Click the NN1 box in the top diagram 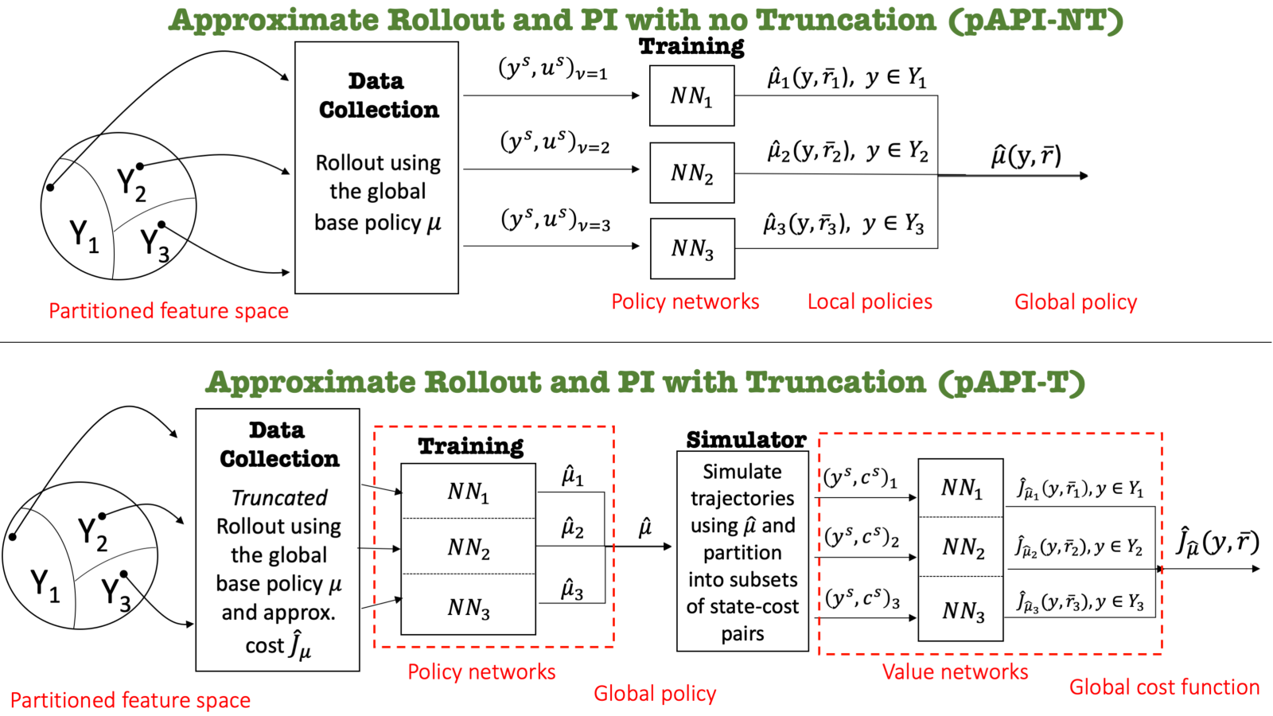coord(691,95)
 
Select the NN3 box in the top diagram coord(692,248)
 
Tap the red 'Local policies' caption coord(870,302)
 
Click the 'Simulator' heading coord(746,439)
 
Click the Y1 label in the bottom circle coord(45,586)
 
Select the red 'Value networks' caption coord(955,671)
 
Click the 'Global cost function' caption coord(1164,687)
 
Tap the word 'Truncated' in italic coord(279,498)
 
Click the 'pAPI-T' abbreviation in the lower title coord(1011,382)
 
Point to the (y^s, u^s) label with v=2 coord(555,142)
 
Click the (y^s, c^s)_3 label coord(862,599)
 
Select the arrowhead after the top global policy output coord(1083,176)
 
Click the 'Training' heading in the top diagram coord(691,46)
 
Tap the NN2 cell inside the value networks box coord(961,547)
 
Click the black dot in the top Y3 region coord(162,225)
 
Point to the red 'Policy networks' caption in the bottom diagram coord(481,671)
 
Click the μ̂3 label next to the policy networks coord(572,590)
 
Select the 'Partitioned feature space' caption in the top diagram coord(168,311)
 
